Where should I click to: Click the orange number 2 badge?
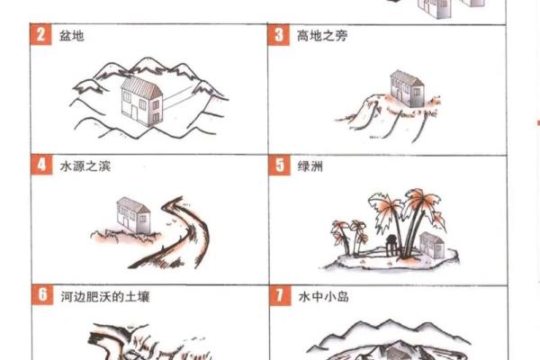pyautogui.click(x=40, y=34)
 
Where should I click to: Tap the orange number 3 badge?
pyautogui.click(x=279, y=35)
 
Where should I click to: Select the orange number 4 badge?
pyautogui.click(x=41, y=165)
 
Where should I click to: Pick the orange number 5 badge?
pyautogui.click(x=279, y=166)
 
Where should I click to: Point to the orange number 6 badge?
pyautogui.click(x=42, y=295)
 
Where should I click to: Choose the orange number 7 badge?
pyautogui.click(x=280, y=295)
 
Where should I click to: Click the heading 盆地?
pyautogui.click(x=72, y=36)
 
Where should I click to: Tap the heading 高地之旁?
pyautogui.click(x=322, y=36)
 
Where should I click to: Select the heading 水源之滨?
pyautogui.click(x=85, y=166)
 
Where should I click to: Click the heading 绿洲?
pyautogui.click(x=310, y=166)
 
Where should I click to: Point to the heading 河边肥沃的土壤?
pyautogui.click(x=105, y=297)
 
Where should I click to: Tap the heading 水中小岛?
pyautogui.click(x=324, y=297)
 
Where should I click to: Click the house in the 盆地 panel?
pyautogui.click(x=141, y=102)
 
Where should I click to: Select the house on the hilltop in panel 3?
pyautogui.click(x=407, y=89)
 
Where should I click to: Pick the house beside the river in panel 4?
pyautogui.click(x=133, y=216)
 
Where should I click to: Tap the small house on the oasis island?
pyautogui.click(x=432, y=246)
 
